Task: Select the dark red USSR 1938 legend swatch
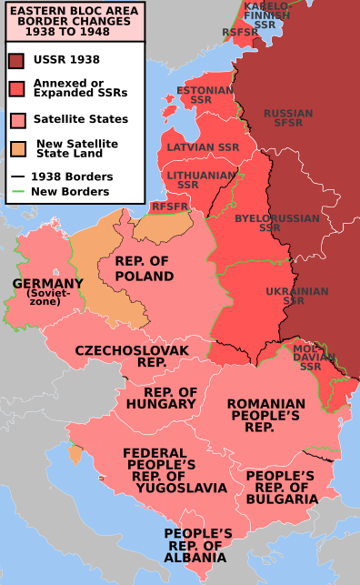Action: coord(16,61)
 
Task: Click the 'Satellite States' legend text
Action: coord(80,119)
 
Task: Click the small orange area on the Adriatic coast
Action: coord(75,453)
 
